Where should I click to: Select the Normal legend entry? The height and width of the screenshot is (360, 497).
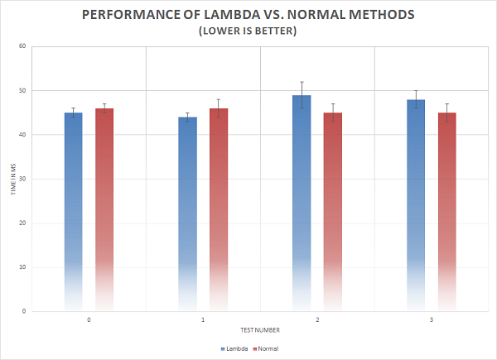pyautogui.click(x=265, y=348)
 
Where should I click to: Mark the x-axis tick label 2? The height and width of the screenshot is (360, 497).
pyautogui.click(x=317, y=319)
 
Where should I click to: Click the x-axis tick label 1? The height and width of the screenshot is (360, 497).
pyautogui.click(x=203, y=319)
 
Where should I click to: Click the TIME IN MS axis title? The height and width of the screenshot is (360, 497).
pyautogui.click(x=12, y=179)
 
